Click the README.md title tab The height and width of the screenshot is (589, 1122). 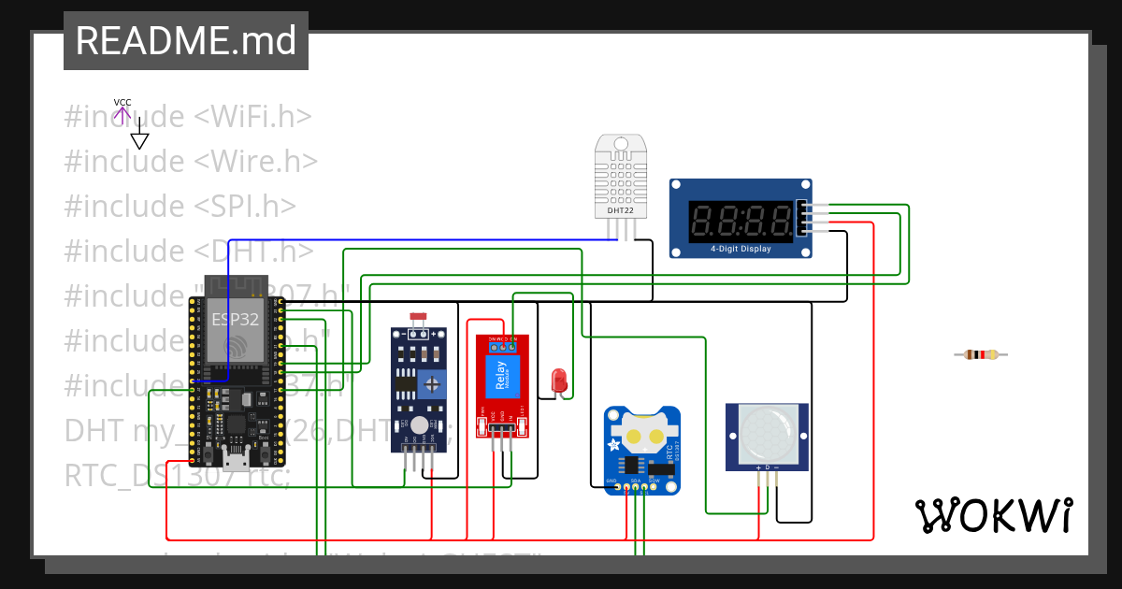(185, 41)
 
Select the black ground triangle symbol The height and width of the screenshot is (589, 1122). (139, 140)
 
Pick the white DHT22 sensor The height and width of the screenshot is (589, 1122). (621, 175)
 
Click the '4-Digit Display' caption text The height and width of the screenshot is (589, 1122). (741, 249)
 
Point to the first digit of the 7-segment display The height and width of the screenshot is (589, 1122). (704, 221)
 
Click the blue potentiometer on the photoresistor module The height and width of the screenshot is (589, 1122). (432, 381)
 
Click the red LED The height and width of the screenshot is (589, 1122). (559, 381)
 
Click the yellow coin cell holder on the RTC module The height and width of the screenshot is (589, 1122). (643, 436)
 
